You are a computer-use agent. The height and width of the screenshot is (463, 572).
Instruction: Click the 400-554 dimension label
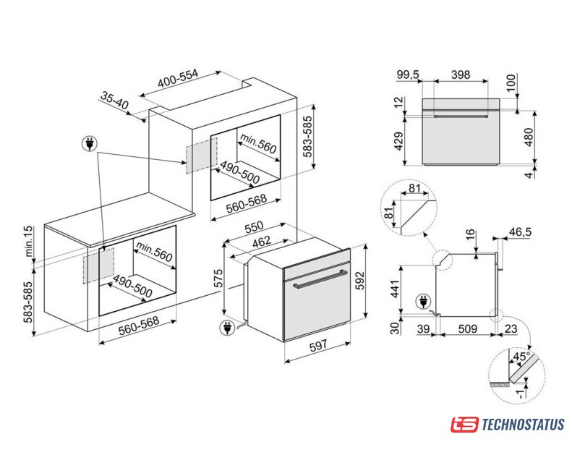click(x=178, y=77)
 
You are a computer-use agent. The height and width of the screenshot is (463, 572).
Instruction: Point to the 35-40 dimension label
click(x=114, y=101)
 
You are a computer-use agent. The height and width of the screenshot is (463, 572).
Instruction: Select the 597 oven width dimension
click(x=318, y=345)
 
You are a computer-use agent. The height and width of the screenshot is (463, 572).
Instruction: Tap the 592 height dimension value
click(x=360, y=280)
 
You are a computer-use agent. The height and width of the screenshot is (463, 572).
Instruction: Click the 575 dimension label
click(x=218, y=279)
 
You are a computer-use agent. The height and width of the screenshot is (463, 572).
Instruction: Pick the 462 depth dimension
click(x=262, y=242)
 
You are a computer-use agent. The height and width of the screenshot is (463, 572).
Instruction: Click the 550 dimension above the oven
click(x=254, y=228)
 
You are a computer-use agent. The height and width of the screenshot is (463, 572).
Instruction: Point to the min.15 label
click(x=28, y=241)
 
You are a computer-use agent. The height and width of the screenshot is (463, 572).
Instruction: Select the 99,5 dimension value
click(x=408, y=75)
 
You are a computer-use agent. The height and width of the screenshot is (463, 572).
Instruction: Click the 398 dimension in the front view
click(x=461, y=75)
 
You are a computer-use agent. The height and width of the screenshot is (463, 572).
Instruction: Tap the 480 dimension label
click(x=528, y=137)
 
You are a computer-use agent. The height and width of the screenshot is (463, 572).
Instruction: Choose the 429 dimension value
click(x=398, y=141)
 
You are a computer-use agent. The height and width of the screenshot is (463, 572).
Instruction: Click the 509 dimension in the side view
click(x=467, y=328)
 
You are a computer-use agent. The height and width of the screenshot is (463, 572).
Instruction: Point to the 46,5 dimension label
click(x=520, y=232)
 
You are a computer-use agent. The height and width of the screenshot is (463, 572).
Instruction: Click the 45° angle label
click(x=521, y=357)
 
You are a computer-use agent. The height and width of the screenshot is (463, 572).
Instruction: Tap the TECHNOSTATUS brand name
click(x=523, y=425)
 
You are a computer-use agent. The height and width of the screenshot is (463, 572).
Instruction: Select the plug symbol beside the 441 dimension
click(x=423, y=302)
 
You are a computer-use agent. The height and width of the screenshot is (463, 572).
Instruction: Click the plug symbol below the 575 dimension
click(x=226, y=328)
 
